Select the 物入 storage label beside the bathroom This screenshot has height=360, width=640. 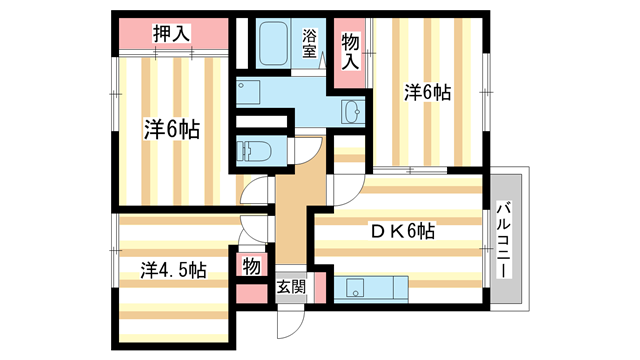(x=349, y=49)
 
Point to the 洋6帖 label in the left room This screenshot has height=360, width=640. (x=171, y=129)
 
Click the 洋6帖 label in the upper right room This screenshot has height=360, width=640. (x=427, y=93)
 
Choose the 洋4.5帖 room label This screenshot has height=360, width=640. (x=173, y=270)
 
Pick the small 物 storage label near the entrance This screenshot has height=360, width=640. (x=250, y=266)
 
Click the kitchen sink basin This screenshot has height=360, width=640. (x=356, y=289)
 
